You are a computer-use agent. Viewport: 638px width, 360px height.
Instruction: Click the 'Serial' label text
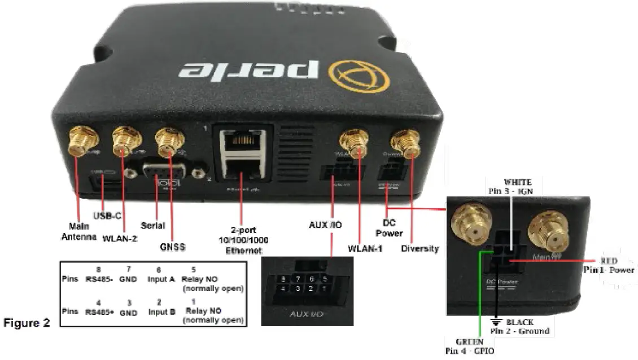tap(153, 226)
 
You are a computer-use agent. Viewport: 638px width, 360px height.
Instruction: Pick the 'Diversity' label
tap(420, 248)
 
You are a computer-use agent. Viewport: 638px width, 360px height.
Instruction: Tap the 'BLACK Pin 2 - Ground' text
tap(519, 326)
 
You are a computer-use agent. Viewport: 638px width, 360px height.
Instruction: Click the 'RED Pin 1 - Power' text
tap(609, 265)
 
